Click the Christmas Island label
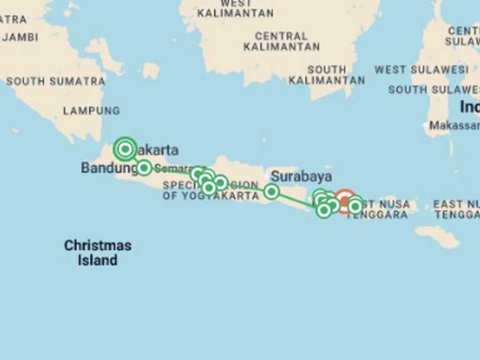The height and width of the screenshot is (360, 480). (97, 252)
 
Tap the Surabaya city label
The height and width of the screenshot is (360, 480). (301, 176)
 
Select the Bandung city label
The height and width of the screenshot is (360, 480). (108, 167)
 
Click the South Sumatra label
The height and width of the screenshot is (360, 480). (56, 81)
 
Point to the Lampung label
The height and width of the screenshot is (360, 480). (91, 111)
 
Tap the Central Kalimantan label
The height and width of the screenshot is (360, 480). (281, 41)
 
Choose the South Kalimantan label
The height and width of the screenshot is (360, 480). (327, 75)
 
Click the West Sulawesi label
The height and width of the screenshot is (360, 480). (421, 69)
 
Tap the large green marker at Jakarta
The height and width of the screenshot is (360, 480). (125, 149)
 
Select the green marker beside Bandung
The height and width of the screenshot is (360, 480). (144, 167)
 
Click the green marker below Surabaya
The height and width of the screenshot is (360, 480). (271, 191)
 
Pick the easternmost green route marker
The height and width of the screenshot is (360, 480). (355, 206)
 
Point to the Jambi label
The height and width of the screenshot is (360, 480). (20, 37)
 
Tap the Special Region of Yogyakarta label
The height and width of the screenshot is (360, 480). (211, 190)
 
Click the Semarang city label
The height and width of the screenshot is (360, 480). (172, 169)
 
